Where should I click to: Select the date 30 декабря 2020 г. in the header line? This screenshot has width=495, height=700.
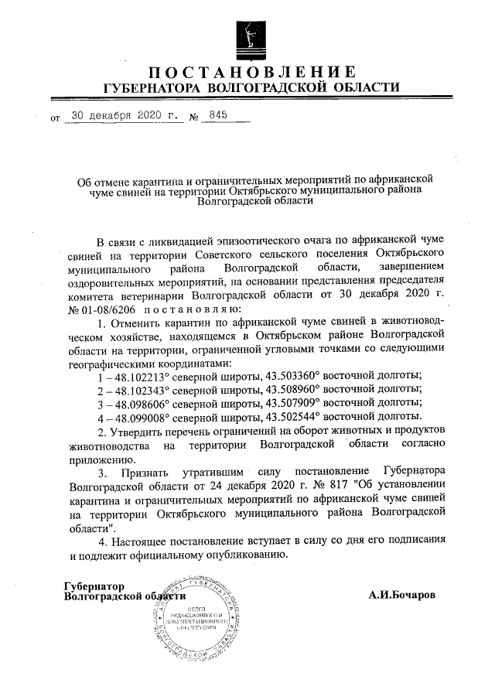(124, 116)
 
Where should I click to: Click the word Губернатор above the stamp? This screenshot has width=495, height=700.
(94, 586)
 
